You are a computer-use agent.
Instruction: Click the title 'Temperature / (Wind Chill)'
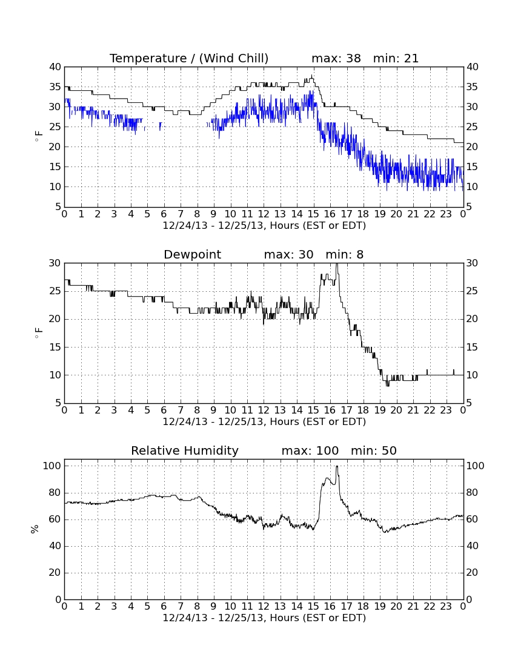pos(189,58)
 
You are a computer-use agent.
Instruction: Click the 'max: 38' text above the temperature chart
pos(336,58)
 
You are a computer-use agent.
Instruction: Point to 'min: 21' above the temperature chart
pos(396,58)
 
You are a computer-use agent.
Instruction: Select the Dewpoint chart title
pos(193,254)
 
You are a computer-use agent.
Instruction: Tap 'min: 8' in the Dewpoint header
pos(345,254)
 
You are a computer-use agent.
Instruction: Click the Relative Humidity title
pos(185,450)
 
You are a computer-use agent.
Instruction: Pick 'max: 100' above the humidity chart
pos(310,450)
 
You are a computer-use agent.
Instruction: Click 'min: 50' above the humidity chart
pos(374,450)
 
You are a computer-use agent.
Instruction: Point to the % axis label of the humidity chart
pos(35,529)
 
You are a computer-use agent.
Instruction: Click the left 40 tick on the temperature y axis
pos(55,67)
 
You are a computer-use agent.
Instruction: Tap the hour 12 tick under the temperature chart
pos(264,214)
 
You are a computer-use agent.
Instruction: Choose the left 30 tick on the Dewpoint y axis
pos(55,263)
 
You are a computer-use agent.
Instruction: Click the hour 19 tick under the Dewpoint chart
pos(380,410)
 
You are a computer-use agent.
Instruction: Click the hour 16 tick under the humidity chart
pos(330,607)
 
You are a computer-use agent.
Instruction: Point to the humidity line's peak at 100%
pos(337,466)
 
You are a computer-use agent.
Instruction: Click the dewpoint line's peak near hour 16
pos(337,264)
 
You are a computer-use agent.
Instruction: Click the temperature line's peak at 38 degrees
pos(312,76)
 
